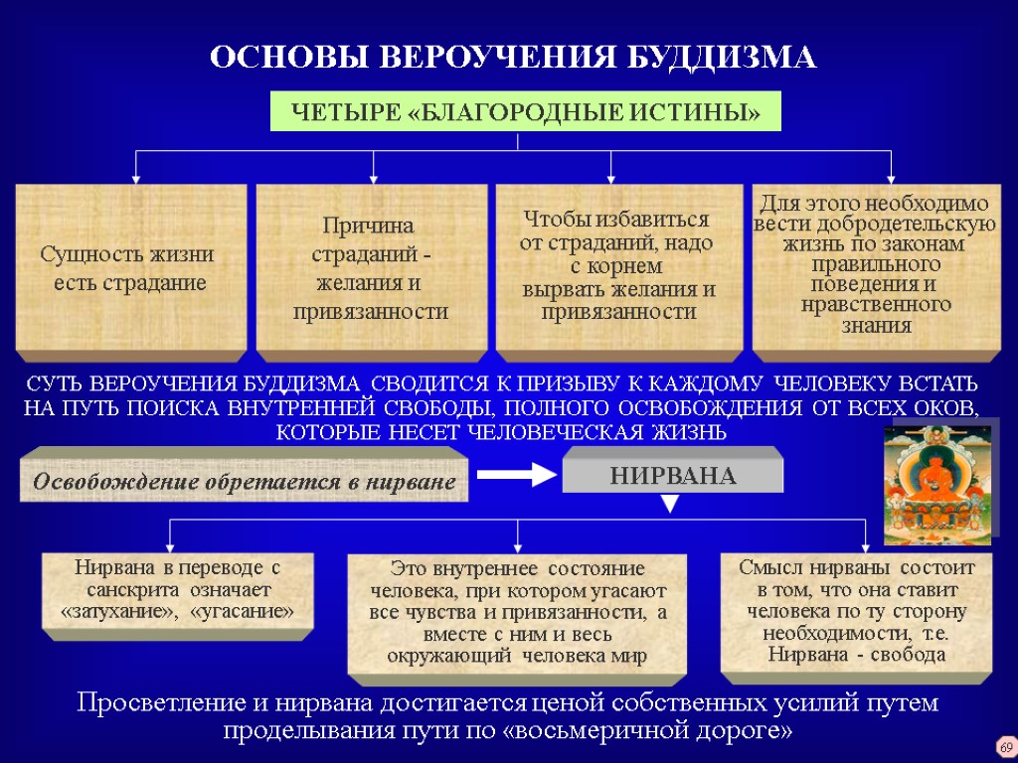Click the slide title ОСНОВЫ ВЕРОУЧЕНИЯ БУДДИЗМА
point(513,58)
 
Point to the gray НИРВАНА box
point(672,475)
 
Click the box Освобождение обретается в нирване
point(244,482)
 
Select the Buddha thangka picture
point(939,481)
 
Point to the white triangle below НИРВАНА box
point(670,505)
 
